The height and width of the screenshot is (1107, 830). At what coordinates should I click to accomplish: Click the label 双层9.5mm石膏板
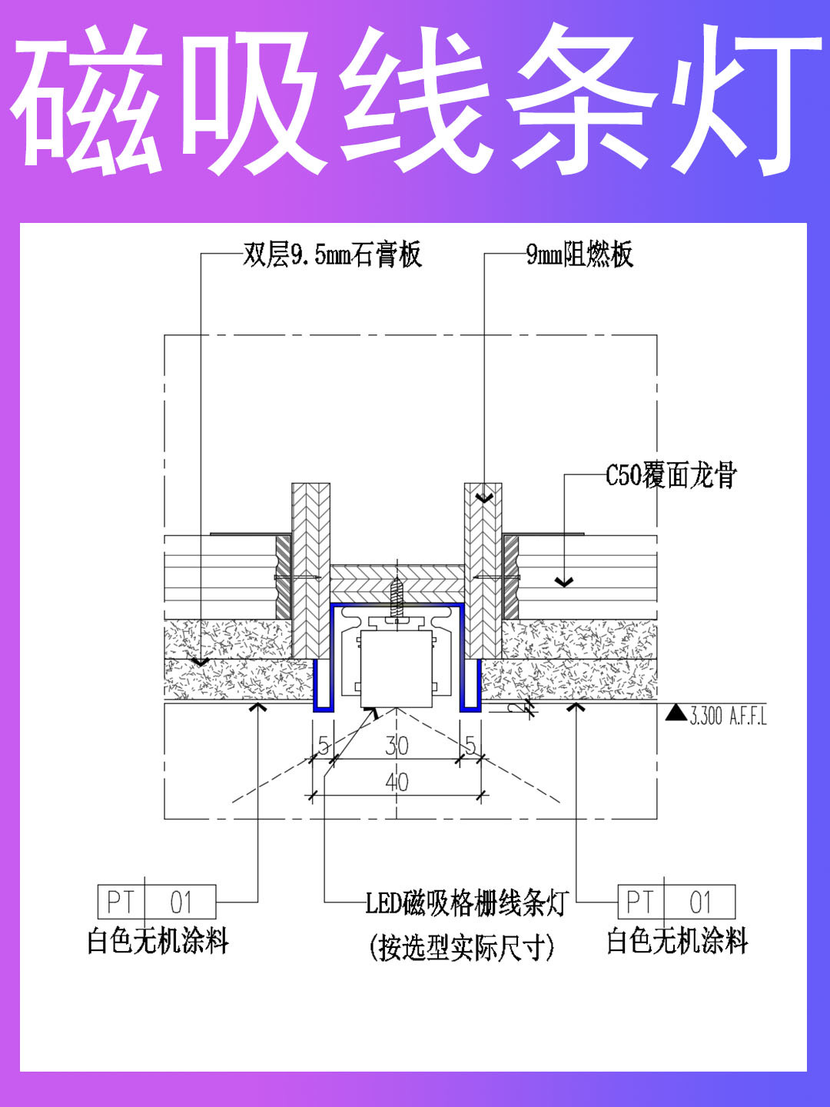point(332,254)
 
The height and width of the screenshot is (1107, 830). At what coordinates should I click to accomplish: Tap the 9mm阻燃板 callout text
point(579,254)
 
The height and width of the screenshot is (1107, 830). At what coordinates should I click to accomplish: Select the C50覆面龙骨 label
point(671,475)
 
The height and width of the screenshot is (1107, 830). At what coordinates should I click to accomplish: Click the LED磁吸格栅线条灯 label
point(466,903)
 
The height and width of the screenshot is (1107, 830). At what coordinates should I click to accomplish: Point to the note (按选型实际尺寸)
point(461,947)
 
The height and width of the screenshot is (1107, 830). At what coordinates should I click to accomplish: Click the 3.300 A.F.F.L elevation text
point(728,716)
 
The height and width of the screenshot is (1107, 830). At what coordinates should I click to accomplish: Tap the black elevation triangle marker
point(676,713)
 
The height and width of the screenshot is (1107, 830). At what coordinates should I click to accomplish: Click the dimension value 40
point(397,783)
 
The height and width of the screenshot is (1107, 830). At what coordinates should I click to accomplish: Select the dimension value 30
point(397,745)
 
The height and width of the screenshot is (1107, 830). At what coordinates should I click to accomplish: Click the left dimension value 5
point(324,745)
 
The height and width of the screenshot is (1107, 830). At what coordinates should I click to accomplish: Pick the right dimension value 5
point(470,745)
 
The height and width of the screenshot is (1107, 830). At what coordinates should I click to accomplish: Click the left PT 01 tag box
point(157,902)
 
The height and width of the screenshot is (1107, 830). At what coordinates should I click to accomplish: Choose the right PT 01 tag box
point(676,902)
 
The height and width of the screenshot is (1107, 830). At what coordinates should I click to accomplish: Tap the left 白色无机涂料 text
point(158,941)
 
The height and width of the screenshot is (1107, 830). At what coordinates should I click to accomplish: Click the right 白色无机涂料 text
point(677,941)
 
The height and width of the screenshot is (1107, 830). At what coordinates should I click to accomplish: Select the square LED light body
point(397,668)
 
